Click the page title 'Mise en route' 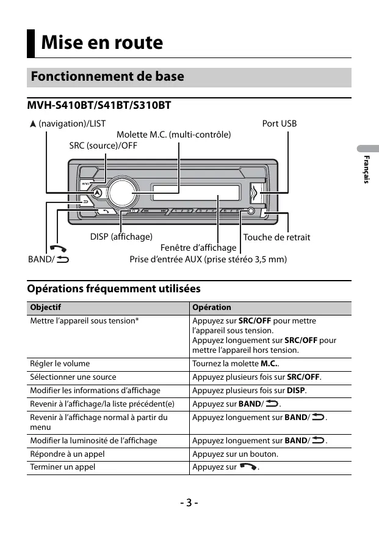coord(102,43)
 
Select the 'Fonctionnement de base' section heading coord(107,77)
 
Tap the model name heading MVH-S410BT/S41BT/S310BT coord(99,106)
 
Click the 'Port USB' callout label coord(279,124)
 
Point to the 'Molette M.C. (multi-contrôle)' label coord(173,135)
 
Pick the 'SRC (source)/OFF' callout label coord(103,146)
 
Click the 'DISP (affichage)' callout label coord(121,237)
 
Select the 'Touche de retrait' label coord(276,237)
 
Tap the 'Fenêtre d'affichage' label coord(198,248)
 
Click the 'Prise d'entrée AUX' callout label coord(208,259)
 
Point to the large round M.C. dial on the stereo coord(121,193)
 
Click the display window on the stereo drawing coord(195,193)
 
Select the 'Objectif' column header coord(46,308)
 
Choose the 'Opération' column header coord(212,308)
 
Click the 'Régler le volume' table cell coord(60,364)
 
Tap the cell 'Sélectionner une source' coord(73,377)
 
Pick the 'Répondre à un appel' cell coord(67,454)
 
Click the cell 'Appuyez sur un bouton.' coord(235,454)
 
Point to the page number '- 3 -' coord(189,503)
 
